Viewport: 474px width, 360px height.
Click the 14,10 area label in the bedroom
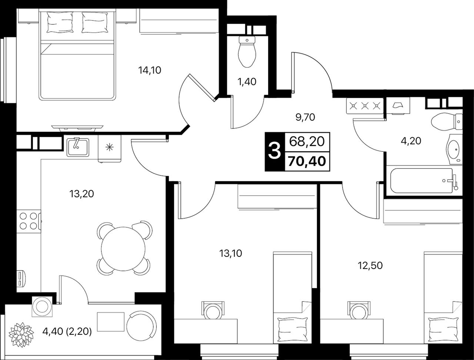(150, 70)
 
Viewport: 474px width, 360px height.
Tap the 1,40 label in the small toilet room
(247, 82)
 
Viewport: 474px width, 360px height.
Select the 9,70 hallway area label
(305, 117)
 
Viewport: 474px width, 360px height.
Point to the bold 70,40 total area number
(307, 161)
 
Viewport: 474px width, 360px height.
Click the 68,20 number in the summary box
(307, 142)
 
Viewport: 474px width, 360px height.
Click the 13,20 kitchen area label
(81, 194)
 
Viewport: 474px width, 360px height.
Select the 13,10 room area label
(231, 254)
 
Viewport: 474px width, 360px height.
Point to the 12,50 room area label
(370, 266)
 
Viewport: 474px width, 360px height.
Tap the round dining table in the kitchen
(123, 249)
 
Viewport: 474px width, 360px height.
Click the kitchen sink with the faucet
(77, 147)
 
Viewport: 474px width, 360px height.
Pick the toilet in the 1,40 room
(247, 51)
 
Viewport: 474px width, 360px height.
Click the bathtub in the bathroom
(424, 181)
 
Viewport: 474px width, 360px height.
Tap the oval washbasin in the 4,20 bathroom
(453, 149)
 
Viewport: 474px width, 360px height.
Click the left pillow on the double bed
(60, 22)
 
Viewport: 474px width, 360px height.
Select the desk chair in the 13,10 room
(213, 310)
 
